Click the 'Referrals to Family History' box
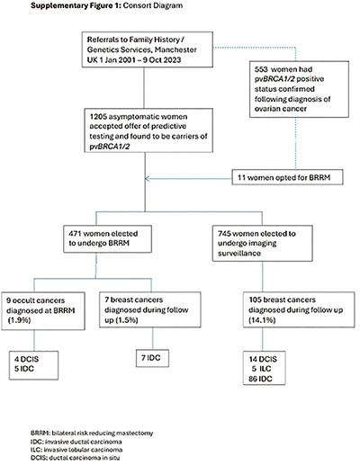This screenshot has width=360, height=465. (148, 49)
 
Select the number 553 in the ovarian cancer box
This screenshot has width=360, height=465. (261, 69)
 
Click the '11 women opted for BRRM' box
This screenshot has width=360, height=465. (287, 177)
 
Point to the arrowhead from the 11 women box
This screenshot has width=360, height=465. (147, 179)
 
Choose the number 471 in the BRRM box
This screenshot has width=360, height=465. (75, 234)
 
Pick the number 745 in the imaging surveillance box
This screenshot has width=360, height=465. (224, 234)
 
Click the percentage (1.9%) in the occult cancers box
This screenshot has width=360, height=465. (19, 320)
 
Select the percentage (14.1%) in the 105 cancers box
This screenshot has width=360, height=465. (262, 320)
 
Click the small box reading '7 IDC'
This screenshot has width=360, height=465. (152, 358)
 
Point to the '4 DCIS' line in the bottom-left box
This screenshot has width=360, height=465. (27, 359)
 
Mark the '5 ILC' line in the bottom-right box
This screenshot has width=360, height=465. (261, 369)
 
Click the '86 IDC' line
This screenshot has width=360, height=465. (260, 379)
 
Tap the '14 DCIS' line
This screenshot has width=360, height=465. (263, 359)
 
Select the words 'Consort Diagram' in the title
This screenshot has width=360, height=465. (153, 5)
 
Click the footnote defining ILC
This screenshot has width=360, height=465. (76, 450)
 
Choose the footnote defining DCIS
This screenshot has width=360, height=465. (75, 458)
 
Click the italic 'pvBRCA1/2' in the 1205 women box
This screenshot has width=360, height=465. (110, 147)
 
